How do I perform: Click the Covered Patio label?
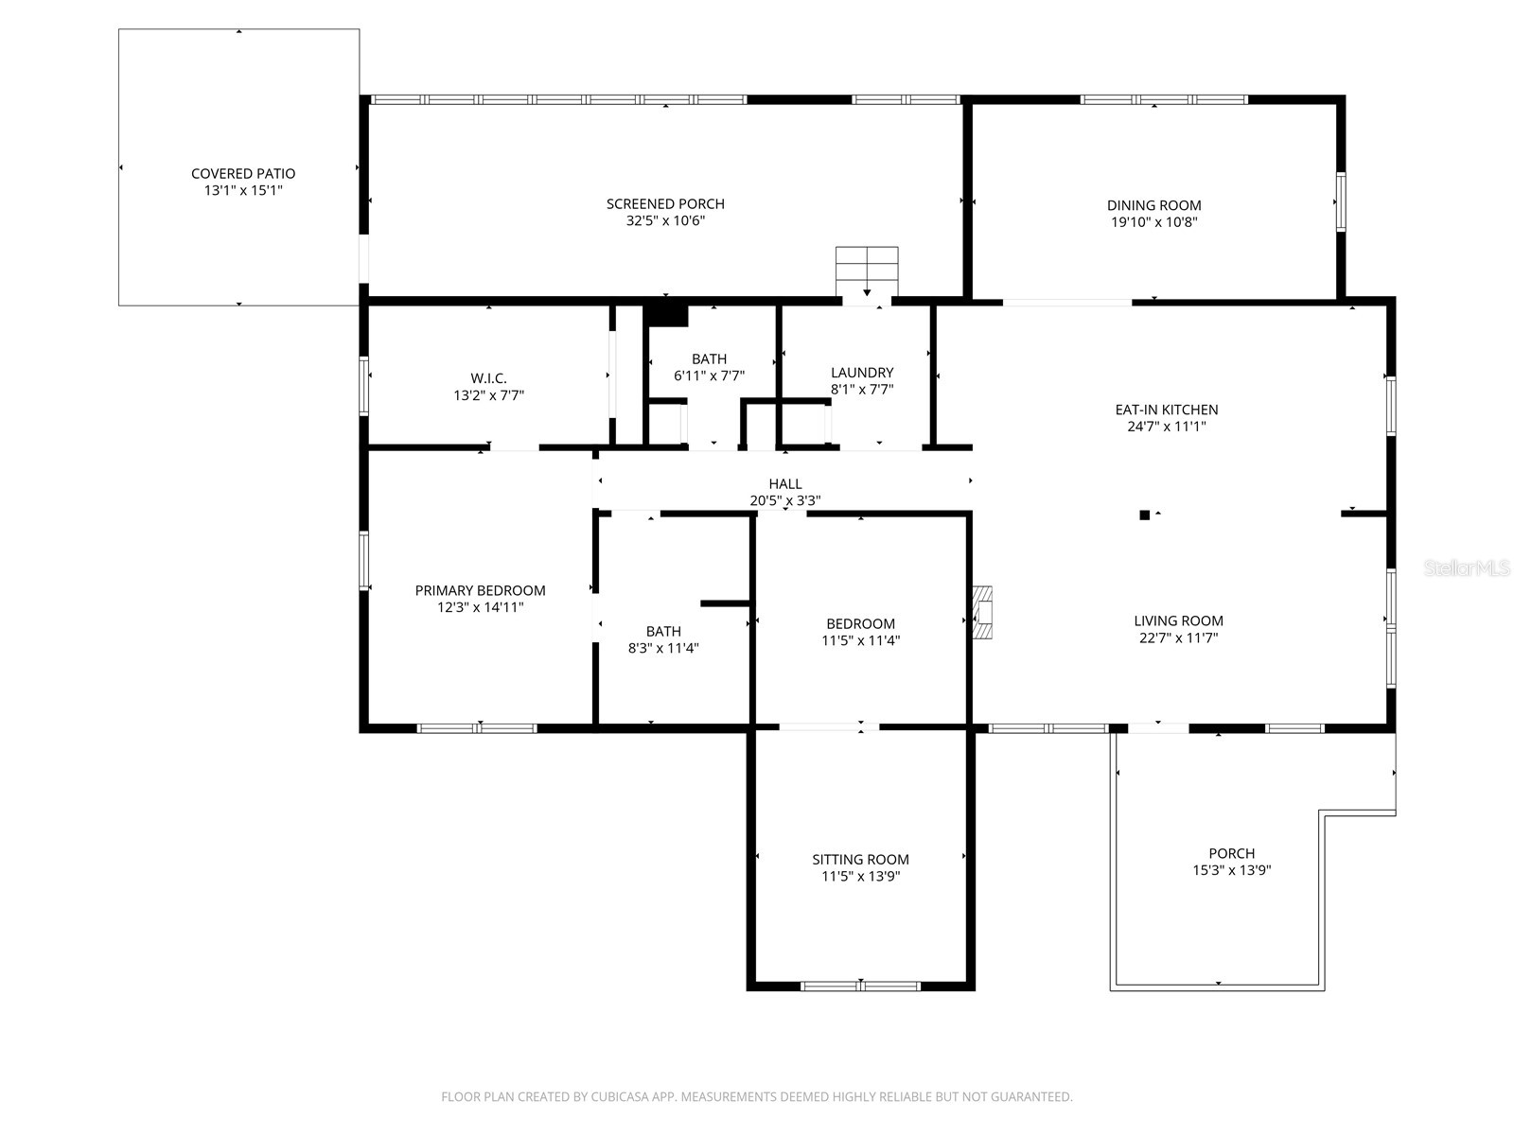coord(243,173)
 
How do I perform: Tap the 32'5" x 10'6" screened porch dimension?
coord(665,221)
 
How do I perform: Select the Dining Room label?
coord(1153,205)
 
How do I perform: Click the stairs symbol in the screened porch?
coord(866,271)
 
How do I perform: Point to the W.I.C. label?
coord(488,378)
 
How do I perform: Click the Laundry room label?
coord(861,373)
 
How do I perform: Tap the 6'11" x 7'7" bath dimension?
coord(709,375)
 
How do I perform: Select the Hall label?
coord(785,484)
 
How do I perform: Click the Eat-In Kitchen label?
coord(1166,410)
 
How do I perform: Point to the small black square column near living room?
coord(1144,515)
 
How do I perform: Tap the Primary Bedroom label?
coord(480,590)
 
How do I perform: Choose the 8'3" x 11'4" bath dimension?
coord(663,649)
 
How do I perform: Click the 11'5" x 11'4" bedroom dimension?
coord(860,640)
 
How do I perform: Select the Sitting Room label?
coord(860,860)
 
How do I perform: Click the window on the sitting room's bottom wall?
coord(860,986)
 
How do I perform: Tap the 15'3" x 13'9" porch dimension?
coord(1231,870)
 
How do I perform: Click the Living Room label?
coord(1178,621)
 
